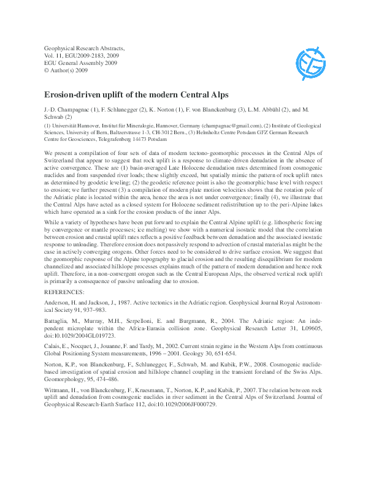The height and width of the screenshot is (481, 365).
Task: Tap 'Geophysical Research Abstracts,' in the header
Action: coord(85,47)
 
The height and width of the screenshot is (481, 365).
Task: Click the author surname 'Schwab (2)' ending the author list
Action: coord(58,116)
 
